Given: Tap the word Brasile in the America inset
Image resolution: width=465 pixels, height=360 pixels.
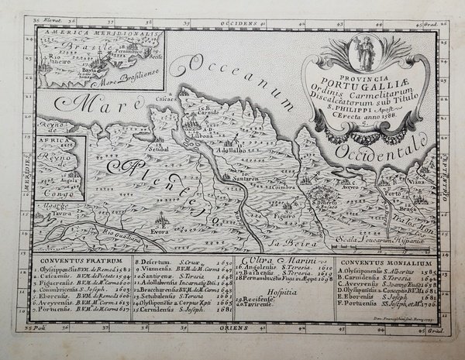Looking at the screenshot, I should (x=81, y=46).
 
